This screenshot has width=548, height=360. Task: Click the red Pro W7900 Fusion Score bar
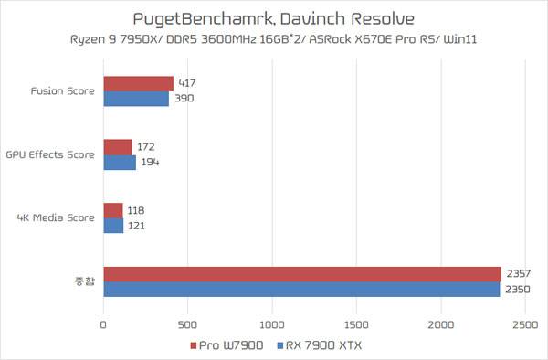coord(139,84)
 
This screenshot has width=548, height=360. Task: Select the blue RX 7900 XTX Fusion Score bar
coord(136,99)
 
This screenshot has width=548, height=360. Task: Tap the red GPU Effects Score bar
coord(118,147)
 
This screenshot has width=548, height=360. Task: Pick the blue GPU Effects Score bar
coord(120,163)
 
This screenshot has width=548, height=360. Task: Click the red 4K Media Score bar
coord(113,211)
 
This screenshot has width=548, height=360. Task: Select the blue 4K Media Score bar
coord(113,226)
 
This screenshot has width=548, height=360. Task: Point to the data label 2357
coord(518,274)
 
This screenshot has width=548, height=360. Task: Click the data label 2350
coord(518,290)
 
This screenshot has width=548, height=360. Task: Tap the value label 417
coord(187,83)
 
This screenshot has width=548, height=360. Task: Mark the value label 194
coord(151,162)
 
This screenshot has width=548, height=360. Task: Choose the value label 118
coord(136,210)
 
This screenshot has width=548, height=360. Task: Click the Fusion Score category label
coord(62,91)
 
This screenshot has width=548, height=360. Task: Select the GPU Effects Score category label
coord(50,154)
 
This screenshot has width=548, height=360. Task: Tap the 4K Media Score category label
coord(56,217)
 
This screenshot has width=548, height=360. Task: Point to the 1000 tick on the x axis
coord(272,325)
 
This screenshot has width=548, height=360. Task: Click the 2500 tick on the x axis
coord(525,325)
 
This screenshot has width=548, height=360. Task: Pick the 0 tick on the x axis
coord(103,325)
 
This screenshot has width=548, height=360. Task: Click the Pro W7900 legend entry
coord(227,345)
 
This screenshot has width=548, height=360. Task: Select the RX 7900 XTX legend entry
coord(319,345)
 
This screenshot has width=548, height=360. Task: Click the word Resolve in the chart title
coord(383,18)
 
